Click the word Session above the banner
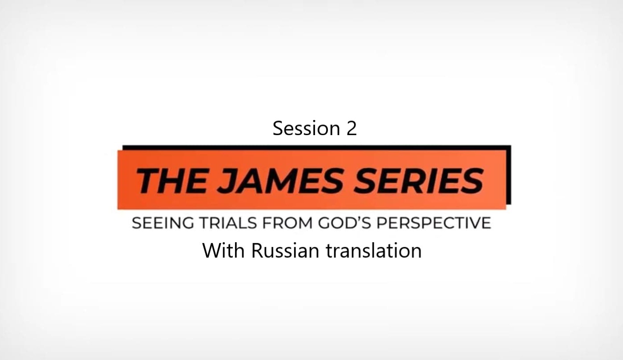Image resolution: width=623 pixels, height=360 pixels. tap(300, 128)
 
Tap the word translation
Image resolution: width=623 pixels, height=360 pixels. tap(373, 250)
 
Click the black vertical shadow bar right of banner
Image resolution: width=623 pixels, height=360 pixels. tap(509, 176)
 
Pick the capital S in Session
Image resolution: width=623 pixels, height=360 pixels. tap(278, 128)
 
